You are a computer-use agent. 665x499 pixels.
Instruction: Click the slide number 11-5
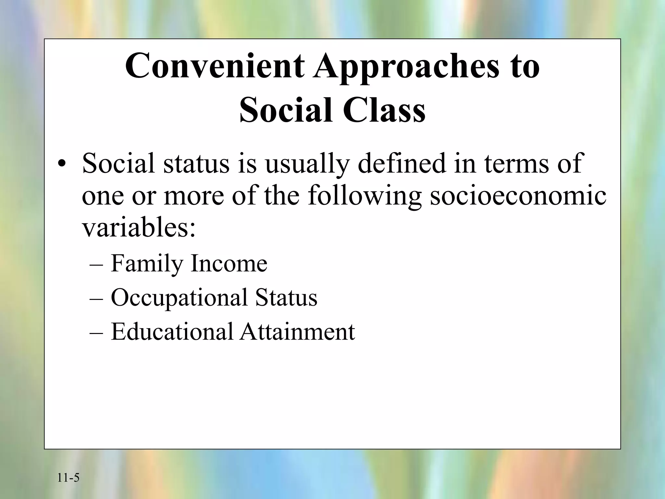click(68, 478)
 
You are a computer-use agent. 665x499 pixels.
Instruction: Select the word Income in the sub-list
click(229, 263)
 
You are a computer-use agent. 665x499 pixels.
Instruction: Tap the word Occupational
click(179, 298)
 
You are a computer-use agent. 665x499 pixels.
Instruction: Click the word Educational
click(172, 332)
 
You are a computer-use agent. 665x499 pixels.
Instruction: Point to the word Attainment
click(297, 332)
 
